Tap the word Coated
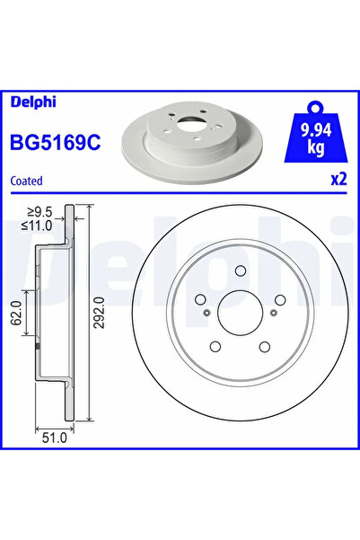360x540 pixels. [x=26, y=180]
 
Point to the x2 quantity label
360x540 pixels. [x=338, y=179]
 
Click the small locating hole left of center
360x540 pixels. [x=206, y=313]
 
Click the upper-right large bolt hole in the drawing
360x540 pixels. [x=280, y=300]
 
